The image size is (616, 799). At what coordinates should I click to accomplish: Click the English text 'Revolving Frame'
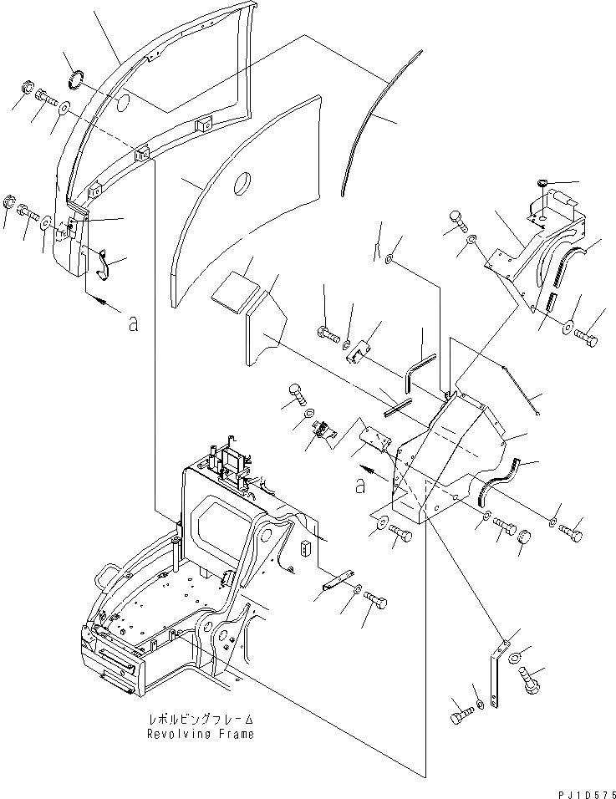[x=200, y=735]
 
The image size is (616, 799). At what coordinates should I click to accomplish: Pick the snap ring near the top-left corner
[x=74, y=81]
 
